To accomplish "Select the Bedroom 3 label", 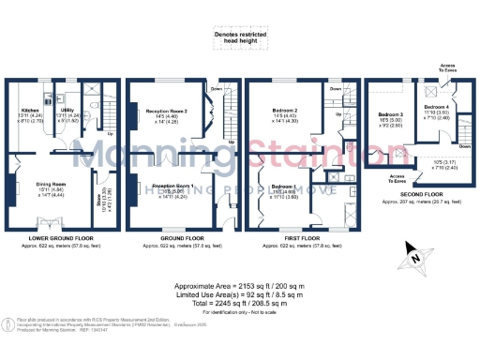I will coord(391,113).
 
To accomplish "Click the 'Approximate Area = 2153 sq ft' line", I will coord(240,285).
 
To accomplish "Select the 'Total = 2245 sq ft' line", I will coord(240,305).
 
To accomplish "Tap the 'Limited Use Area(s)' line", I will coord(240,295).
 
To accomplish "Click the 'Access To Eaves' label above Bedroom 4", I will coord(448,67).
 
